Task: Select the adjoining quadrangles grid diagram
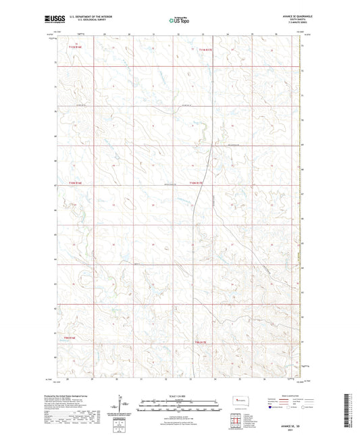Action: pyautogui.click(x=236, y=417)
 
